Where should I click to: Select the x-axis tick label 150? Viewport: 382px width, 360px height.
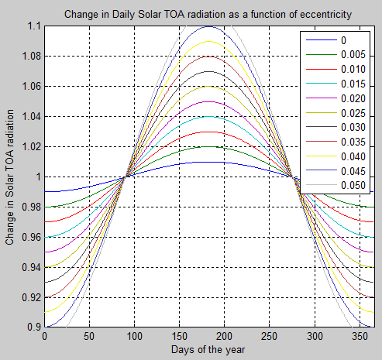(134, 338)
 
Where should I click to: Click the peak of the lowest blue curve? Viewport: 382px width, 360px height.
(141, 162)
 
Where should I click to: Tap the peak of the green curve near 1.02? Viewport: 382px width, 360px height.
(141, 146)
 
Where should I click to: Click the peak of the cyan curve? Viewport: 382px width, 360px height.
(141, 116)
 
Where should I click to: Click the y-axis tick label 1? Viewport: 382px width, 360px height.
(37, 177)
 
